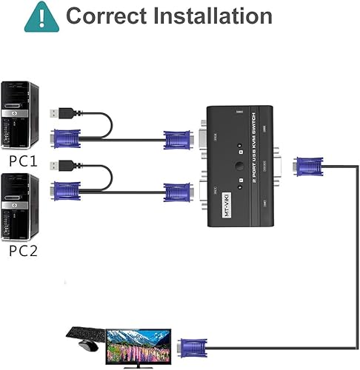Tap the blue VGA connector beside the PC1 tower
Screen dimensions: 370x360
pyautogui.click(x=67, y=138)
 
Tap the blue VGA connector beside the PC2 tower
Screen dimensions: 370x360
pyautogui.click(x=67, y=192)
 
